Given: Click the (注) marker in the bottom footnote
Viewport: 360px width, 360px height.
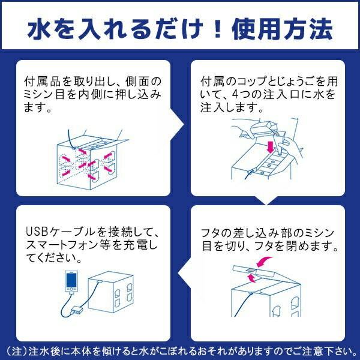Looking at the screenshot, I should click(x=14, y=349).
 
